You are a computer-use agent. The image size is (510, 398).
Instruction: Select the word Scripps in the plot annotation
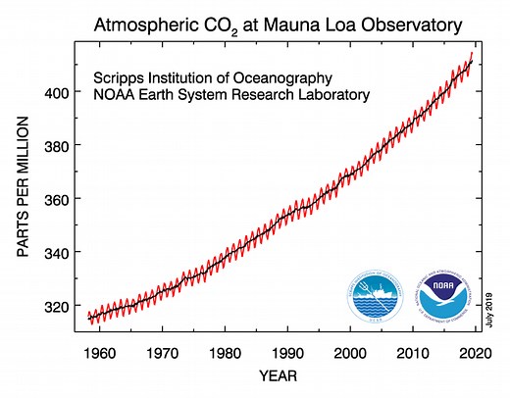point(119,76)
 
